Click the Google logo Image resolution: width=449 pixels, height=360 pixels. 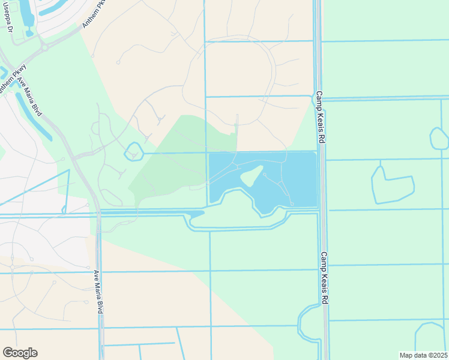point(20,353)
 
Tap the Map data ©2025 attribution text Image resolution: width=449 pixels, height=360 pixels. point(423,355)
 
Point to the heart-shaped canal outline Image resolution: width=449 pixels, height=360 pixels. point(391,184)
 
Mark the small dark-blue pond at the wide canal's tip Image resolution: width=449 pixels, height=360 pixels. point(197,214)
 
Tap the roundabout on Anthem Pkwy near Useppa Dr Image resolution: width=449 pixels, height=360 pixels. point(43,47)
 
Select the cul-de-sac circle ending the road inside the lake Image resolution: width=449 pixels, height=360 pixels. point(292,205)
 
